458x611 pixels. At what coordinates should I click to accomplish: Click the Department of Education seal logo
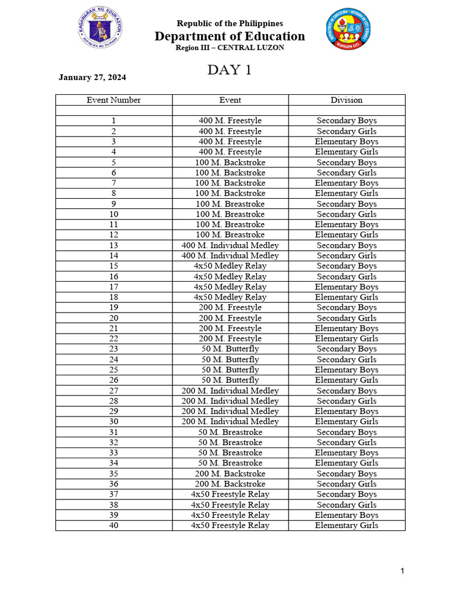(x=100, y=29)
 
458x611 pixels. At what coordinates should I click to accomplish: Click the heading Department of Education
(x=230, y=36)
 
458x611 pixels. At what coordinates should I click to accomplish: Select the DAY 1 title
(x=230, y=70)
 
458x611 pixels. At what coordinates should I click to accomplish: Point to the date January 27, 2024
(x=92, y=78)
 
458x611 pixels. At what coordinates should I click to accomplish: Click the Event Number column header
(x=113, y=100)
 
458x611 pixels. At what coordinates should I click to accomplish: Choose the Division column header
(x=346, y=100)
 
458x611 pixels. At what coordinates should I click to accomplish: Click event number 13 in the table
(x=113, y=245)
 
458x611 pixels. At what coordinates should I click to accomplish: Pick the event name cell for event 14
(x=230, y=255)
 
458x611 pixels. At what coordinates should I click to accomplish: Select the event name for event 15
(x=230, y=266)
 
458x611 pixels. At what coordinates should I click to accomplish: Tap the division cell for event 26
(x=346, y=380)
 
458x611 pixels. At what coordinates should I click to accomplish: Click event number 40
(x=113, y=526)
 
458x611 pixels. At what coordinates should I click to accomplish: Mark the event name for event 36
(x=230, y=484)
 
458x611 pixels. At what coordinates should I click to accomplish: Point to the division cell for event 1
(x=346, y=121)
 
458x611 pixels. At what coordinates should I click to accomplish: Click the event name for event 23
(x=230, y=349)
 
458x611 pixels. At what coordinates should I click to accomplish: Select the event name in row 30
(x=230, y=421)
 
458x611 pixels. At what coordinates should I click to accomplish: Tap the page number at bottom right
(x=403, y=572)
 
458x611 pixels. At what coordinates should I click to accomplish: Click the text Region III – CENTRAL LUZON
(x=230, y=48)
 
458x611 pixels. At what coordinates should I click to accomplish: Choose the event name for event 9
(x=230, y=204)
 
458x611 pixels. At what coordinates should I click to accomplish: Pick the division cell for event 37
(x=346, y=494)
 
